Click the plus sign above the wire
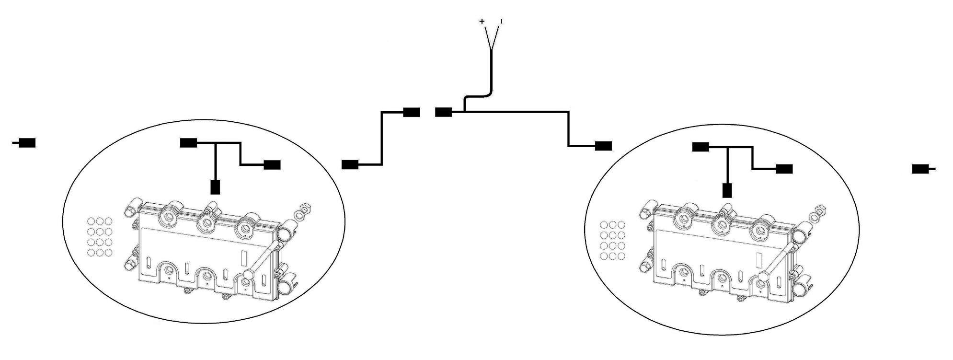coord(482,21)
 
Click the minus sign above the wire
coord(501,21)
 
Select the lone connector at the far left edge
coord(26,143)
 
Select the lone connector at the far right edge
coord(921,169)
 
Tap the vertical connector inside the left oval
coord(216,186)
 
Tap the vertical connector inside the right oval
coord(727,190)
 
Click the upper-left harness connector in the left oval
coord(189,143)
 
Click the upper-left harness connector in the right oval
coord(701,147)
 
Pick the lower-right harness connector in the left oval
coord(272,165)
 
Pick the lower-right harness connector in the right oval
coord(784,169)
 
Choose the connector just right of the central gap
coord(444,113)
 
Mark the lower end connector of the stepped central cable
coord(350,165)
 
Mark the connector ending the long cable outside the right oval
coord(603,146)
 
